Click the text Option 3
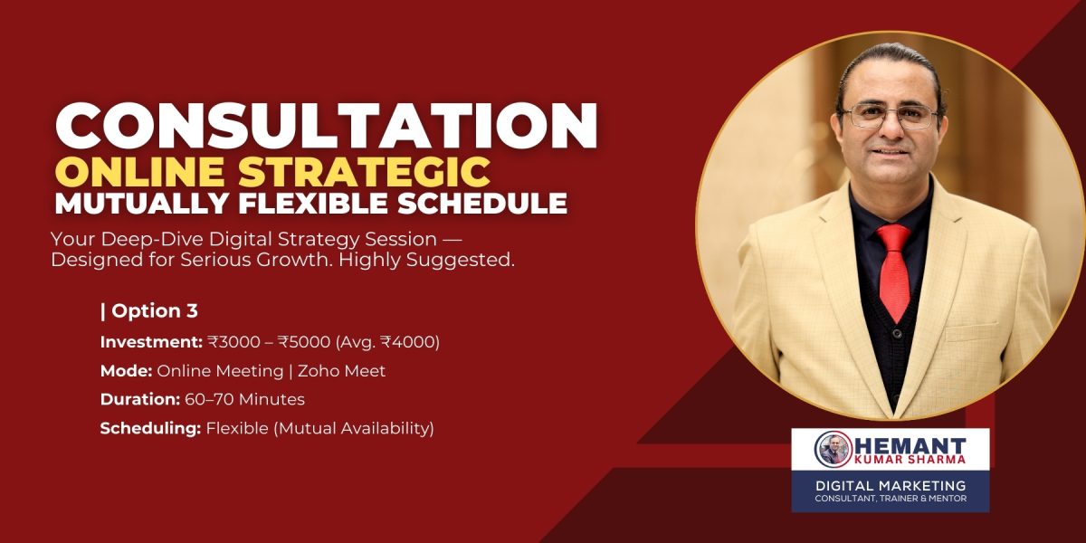[x=154, y=311]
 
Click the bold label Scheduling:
[x=150, y=428]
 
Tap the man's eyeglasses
[x=891, y=115]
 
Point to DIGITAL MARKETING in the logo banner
[x=891, y=485]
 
